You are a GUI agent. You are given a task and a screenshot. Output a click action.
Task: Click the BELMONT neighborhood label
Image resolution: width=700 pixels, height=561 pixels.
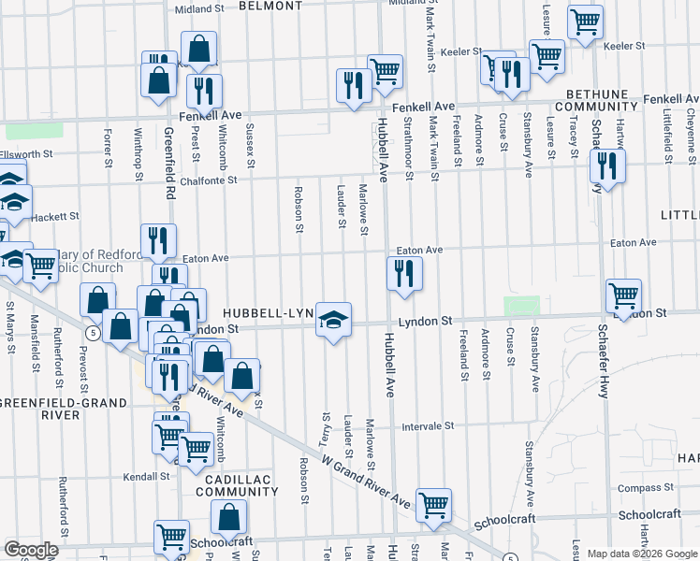pyautogui.click(x=270, y=6)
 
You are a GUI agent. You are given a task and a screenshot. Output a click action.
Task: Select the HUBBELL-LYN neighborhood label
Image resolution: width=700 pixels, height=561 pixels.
pyautogui.click(x=267, y=312)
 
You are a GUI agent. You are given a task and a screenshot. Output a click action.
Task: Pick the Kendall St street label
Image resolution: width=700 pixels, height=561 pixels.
pyautogui.click(x=145, y=476)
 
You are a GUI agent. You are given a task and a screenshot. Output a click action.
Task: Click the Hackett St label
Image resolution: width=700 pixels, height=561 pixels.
pyautogui.click(x=53, y=216)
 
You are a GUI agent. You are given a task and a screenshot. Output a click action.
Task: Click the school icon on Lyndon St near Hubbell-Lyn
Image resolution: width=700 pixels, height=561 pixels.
pyautogui.click(x=332, y=320)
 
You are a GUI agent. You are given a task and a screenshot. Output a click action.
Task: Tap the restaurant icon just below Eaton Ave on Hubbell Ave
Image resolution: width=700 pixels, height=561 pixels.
pyautogui.click(x=404, y=273)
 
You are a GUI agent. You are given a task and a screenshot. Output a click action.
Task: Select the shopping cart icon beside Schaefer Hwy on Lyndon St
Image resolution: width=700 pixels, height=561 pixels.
pyautogui.click(x=623, y=296)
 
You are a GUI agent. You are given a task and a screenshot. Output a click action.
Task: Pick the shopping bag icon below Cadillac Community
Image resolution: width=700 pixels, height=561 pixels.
pyautogui.click(x=228, y=516)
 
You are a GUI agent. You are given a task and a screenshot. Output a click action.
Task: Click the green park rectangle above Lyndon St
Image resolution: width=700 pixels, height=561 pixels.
pyautogui.click(x=522, y=306)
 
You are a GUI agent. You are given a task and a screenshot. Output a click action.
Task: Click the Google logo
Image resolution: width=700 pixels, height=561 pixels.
pyautogui.click(x=32, y=550)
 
